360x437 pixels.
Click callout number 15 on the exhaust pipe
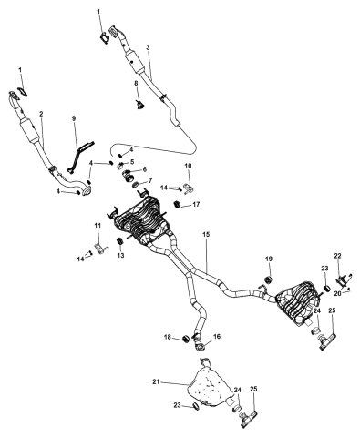click(207, 235)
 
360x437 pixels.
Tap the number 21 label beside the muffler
click(156, 382)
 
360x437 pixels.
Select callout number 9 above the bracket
click(74, 118)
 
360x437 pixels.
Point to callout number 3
click(148, 47)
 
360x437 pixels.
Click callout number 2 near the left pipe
click(41, 114)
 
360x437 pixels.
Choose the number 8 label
click(136, 83)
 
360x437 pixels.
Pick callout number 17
click(196, 204)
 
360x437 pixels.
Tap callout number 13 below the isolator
click(120, 256)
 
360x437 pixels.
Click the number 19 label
click(269, 259)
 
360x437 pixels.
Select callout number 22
click(338, 256)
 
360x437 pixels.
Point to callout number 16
click(217, 337)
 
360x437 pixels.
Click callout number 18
click(168, 337)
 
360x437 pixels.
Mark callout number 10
click(189, 166)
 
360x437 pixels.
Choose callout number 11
click(98, 226)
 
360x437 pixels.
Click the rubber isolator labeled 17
click(177, 204)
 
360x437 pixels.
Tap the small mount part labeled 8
click(140, 105)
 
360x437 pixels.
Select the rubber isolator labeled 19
click(268, 279)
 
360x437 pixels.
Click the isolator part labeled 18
click(185, 338)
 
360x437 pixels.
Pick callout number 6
click(144, 169)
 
